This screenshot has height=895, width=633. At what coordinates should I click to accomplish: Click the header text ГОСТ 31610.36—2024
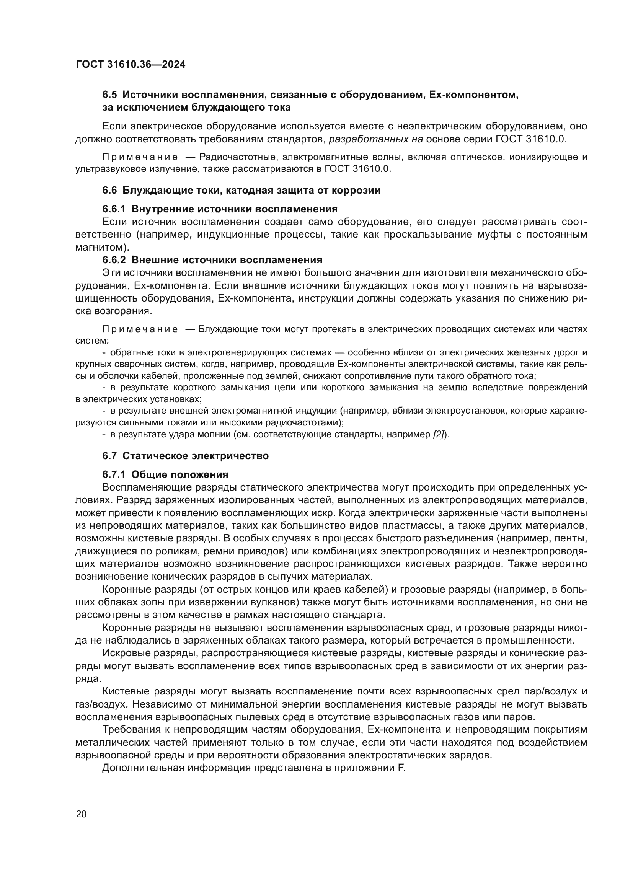(131, 65)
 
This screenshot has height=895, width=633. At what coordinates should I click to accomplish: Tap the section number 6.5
(109, 95)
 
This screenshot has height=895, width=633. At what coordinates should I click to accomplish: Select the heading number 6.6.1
(114, 209)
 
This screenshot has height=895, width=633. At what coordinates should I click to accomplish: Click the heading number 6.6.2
(114, 260)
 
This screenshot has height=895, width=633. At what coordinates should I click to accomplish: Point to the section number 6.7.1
(114, 474)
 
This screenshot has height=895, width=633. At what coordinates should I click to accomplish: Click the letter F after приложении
(403, 768)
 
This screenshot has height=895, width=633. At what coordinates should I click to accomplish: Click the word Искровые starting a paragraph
(126, 653)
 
